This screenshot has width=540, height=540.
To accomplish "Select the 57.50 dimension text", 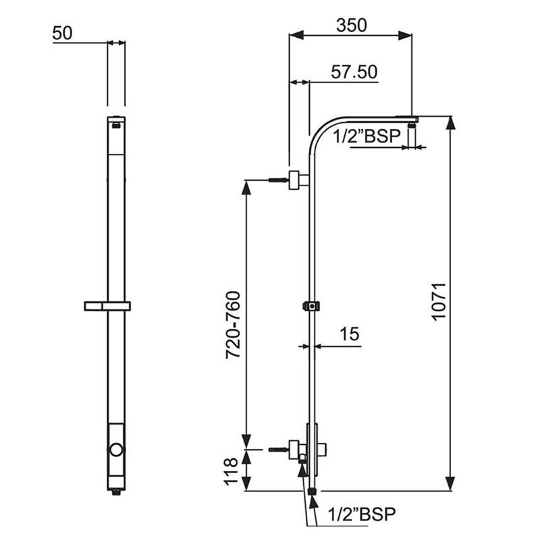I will (x=354, y=72).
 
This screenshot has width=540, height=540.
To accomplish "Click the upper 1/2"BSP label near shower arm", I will (x=369, y=136).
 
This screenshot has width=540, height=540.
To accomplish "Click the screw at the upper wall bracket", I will (x=277, y=180).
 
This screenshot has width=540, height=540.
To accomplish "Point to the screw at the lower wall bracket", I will (x=277, y=449).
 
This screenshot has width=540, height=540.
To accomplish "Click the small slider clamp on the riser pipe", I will (x=311, y=306).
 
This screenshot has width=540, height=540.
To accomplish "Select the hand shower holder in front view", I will (x=107, y=306).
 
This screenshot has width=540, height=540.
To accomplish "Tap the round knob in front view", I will (x=117, y=450).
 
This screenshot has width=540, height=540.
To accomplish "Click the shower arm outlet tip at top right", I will (x=412, y=119).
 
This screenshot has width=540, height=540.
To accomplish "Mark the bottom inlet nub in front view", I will (x=117, y=493).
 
